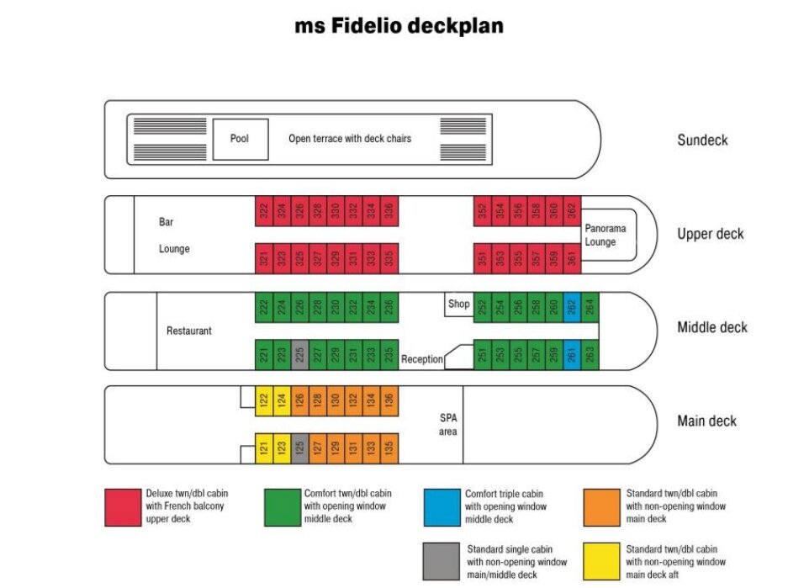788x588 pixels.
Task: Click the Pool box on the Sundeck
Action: tap(240, 139)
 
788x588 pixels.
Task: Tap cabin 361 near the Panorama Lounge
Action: tap(572, 258)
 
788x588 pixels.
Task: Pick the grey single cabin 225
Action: tap(300, 355)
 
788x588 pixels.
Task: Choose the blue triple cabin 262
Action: tap(572, 306)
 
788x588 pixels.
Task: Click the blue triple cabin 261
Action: tap(572, 355)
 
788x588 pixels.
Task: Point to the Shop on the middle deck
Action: tap(457, 305)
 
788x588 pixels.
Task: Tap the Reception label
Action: tap(422, 359)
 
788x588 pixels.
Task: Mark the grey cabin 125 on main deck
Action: tap(300, 448)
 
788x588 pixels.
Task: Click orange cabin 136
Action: tap(389, 401)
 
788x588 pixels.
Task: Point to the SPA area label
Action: tap(448, 425)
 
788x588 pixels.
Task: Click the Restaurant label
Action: tap(189, 331)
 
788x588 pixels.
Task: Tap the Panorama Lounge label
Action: tap(606, 235)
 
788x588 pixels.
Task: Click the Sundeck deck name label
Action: tap(702, 140)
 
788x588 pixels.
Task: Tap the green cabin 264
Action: tap(590, 306)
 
